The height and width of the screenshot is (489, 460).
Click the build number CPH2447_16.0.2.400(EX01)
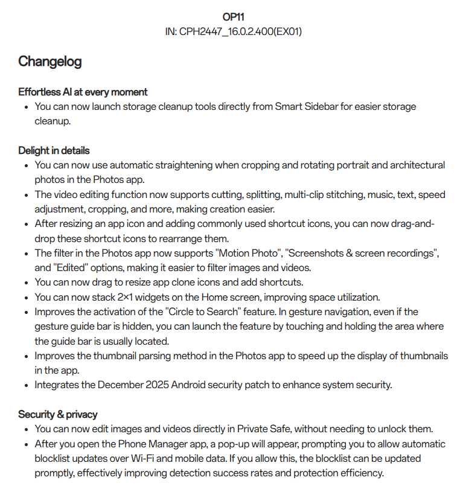click(x=240, y=31)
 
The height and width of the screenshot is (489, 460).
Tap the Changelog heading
click(x=50, y=61)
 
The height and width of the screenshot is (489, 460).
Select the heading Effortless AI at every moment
click(x=83, y=92)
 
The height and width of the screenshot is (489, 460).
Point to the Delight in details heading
click(x=54, y=150)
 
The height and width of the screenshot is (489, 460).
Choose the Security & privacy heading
click(x=58, y=414)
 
